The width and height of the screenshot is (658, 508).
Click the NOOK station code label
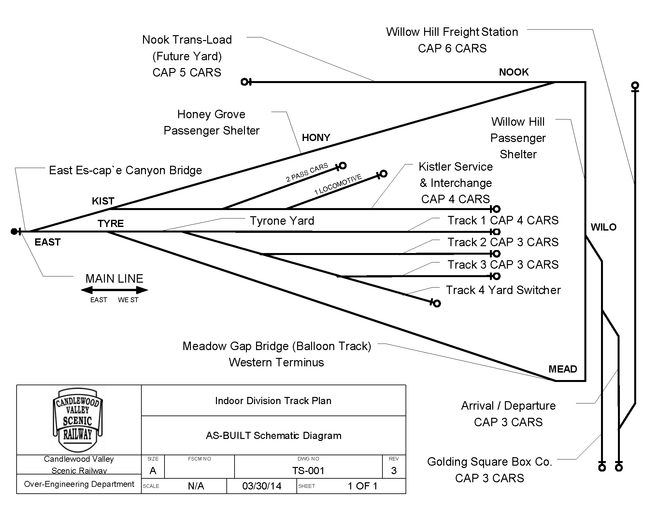click(514, 72)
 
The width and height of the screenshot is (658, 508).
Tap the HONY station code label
click(316, 137)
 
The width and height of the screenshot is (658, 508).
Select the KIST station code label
click(103, 201)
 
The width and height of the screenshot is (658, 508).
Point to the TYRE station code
click(111, 223)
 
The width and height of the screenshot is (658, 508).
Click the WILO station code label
click(604, 227)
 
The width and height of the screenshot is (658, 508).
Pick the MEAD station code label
click(563, 369)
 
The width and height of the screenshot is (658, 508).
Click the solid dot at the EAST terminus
click(14, 232)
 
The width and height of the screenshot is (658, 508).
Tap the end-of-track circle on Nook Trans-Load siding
click(244, 82)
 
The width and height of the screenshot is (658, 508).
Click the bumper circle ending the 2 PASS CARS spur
click(343, 165)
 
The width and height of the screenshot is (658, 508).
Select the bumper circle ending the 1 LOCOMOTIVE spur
click(383, 174)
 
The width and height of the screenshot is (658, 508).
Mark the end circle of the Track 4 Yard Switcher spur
click(437, 303)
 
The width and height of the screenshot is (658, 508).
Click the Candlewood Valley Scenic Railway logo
click(78, 419)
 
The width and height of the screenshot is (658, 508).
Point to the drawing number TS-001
click(308, 471)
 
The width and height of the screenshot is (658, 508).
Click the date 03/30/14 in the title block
click(262, 486)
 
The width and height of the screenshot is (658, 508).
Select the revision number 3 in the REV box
click(394, 471)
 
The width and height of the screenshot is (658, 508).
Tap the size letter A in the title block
click(153, 471)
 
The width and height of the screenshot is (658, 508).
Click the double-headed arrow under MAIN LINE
click(114, 290)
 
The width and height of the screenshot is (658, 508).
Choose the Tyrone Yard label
click(282, 221)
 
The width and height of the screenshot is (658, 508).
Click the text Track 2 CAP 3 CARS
click(503, 242)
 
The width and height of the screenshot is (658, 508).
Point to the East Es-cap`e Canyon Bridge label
click(125, 170)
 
